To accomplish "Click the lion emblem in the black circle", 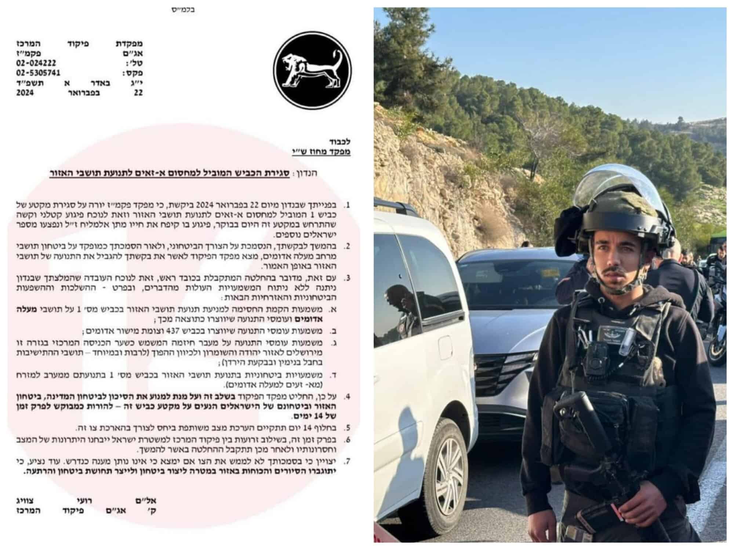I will click(x=314, y=71).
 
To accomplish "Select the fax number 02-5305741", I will click(x=38, y=73).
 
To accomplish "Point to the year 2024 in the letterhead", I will click(x=25, y=93).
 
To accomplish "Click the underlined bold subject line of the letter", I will click(x=183, y=173).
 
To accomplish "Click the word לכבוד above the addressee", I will click(x=340, y=142).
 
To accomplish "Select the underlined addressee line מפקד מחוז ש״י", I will click(x=321, y=151).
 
